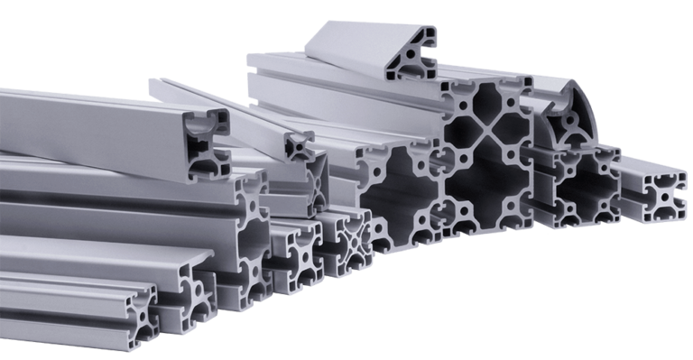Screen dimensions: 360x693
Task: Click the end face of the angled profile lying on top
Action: click(411, 56)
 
